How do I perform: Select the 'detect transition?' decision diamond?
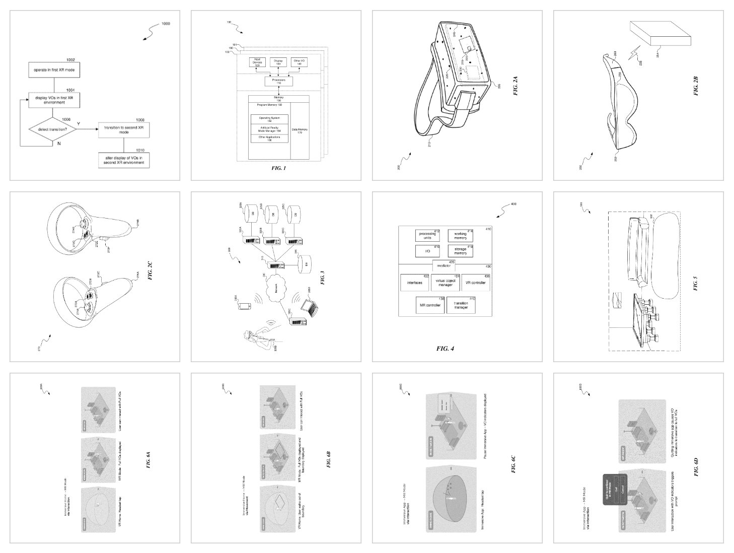pyautogui.click(x=52, y=129)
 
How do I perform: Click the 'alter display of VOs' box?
pyautogui.click(x=124, y=160)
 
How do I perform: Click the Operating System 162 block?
pyautogui.click(x=269, y=119)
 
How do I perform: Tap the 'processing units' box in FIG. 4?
pyautogui.click(x=427, y=235)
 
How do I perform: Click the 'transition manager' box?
pyautogui.click(x=461, y=305)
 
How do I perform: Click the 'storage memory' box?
pyautogui.click(x=460, y=251)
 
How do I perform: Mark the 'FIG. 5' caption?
pyautogui.click(x=695, y=284)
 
